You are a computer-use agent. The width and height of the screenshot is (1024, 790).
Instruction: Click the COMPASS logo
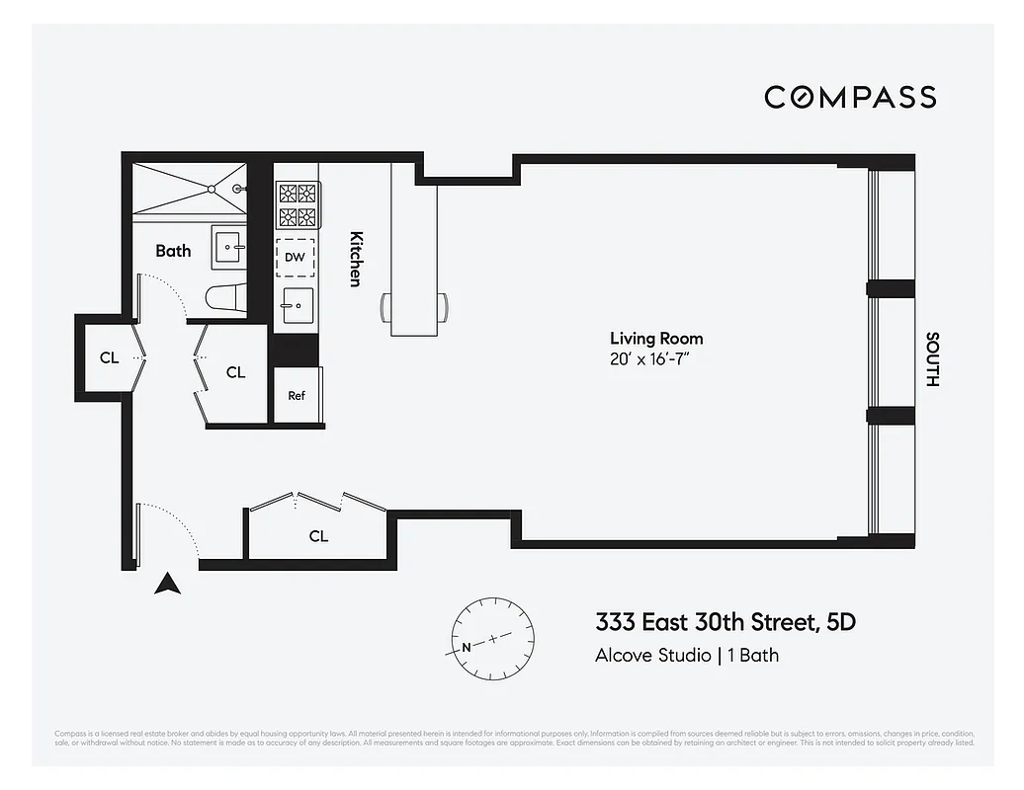pos(850,97)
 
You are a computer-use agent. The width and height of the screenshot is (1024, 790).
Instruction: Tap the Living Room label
pos(656,339)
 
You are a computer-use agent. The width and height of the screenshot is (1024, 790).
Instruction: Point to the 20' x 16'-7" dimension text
pos(648,359)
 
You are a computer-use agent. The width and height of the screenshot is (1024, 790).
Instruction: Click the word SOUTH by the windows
pos(931,358)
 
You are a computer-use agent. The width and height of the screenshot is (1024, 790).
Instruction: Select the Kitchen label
pos(356,259)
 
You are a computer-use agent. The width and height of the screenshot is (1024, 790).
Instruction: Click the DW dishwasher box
pos(295,258)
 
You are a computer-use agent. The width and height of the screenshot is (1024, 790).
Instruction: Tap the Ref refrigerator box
pos(297,395)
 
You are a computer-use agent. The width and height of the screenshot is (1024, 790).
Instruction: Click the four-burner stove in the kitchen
pos(297,205)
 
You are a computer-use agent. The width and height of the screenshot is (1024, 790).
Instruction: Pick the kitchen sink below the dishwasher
pos(296,305)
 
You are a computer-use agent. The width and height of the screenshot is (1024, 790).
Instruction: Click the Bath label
pos(173,251)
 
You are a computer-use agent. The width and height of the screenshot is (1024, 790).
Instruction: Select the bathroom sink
pos(229,247)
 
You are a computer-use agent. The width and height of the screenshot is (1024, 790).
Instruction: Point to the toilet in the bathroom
pos(222,297)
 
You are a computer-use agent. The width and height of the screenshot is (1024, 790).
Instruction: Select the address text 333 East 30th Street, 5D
pos(725,622)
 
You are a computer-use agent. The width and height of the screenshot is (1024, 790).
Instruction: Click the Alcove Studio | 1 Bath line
pos(686,655)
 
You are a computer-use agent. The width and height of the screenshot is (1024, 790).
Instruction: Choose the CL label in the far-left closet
pos(109,357)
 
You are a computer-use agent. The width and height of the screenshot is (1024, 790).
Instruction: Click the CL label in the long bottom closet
pos(318,536)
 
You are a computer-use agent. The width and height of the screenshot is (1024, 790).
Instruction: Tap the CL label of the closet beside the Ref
pos(235,372)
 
